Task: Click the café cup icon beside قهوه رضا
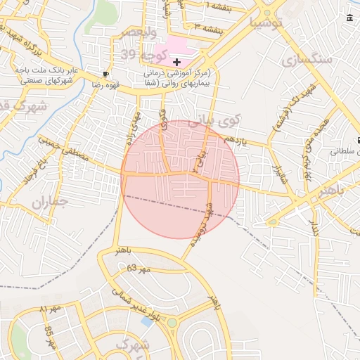coord(105,73)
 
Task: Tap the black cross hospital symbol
coord(176,63)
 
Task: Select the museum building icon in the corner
coord(350,17)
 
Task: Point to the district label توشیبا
coord(264,21)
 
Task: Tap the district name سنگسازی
coord(306,59)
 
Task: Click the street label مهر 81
coord(51,309)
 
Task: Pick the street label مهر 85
coord(50,338)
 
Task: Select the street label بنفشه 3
coord(208,27)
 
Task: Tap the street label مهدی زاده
coord(134,127)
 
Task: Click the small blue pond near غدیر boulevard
coord(146,321)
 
